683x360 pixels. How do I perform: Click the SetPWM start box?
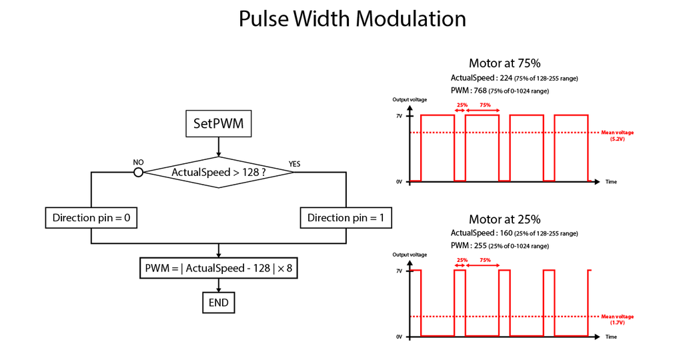pyautogui.click(x=218, y=124)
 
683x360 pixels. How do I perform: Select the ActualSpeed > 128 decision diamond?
pyautogui.click(x=219, y=172)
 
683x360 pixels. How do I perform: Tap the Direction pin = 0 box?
pyautogui.click(x=91, y=218)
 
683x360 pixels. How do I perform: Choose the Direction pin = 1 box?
pyautogui.click(x=346, y=218)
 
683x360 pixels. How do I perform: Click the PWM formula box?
pyautogui.click(x=218, y=269)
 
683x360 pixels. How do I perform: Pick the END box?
pyautogui.click(x=218, y=303)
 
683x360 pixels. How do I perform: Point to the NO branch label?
pyautogui.click(x=138, y=162)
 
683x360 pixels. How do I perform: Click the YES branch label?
pyautogui.click(x=294, y=164)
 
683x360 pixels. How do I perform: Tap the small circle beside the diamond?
pyautogui.click(x=139, y=172)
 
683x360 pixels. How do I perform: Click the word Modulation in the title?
pyautogui.click(x=410, y=19)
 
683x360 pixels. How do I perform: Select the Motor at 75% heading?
pyautogui.click(x=504, y=64)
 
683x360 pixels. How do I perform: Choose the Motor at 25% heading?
pyautogui.click(x=504, y=219)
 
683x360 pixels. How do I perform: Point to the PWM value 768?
pyautogui.click(x=481, y=91)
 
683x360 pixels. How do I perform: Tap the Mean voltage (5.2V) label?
pyautogui.click(x=617, y=135)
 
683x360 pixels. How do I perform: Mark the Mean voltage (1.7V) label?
pyautogui.click(x=617, y=319)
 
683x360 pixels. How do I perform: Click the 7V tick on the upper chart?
pyautogui.click(x=399, y=116)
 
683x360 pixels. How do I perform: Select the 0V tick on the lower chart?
pyautogui.click(x=399, y=337)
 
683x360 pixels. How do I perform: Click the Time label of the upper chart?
pyautogui.click(x=611, y=181)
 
